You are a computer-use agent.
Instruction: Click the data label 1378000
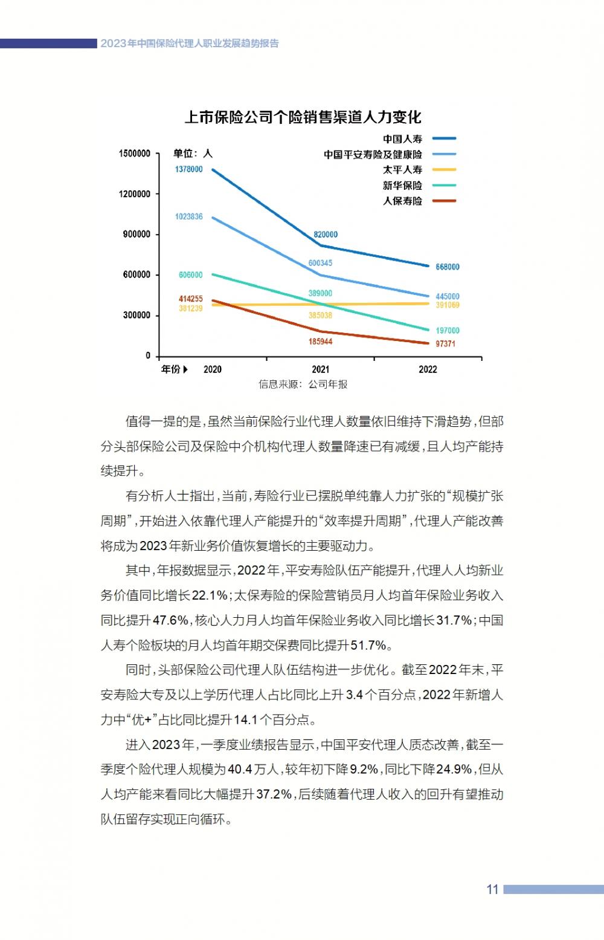click(x=189, y=169)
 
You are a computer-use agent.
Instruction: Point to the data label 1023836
click(x=189, y=216)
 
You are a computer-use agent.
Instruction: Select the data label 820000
click(x=326, y=235)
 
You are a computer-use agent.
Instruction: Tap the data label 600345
click(x=320, y=263)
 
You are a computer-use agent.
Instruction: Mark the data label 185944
click(x=320, y=342)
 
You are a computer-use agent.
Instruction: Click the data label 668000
click(x=447, y=267)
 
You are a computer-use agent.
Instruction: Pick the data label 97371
click(x=445, y=344)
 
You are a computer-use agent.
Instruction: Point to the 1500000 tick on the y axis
click(x=134, y=154)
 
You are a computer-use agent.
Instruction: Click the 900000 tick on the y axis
click(x=137, y=235)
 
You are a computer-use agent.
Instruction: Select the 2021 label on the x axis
click(x=320, y=369)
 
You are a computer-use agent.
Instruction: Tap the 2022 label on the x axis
click(x=428, y=369)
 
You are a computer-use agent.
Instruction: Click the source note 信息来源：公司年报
click(x=303, y=384)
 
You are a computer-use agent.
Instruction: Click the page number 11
click(x=492, y=889)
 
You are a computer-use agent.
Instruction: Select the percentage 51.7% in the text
click(x=368, y=645)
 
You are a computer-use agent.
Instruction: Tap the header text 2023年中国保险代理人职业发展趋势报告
click(x=190, y=44)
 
